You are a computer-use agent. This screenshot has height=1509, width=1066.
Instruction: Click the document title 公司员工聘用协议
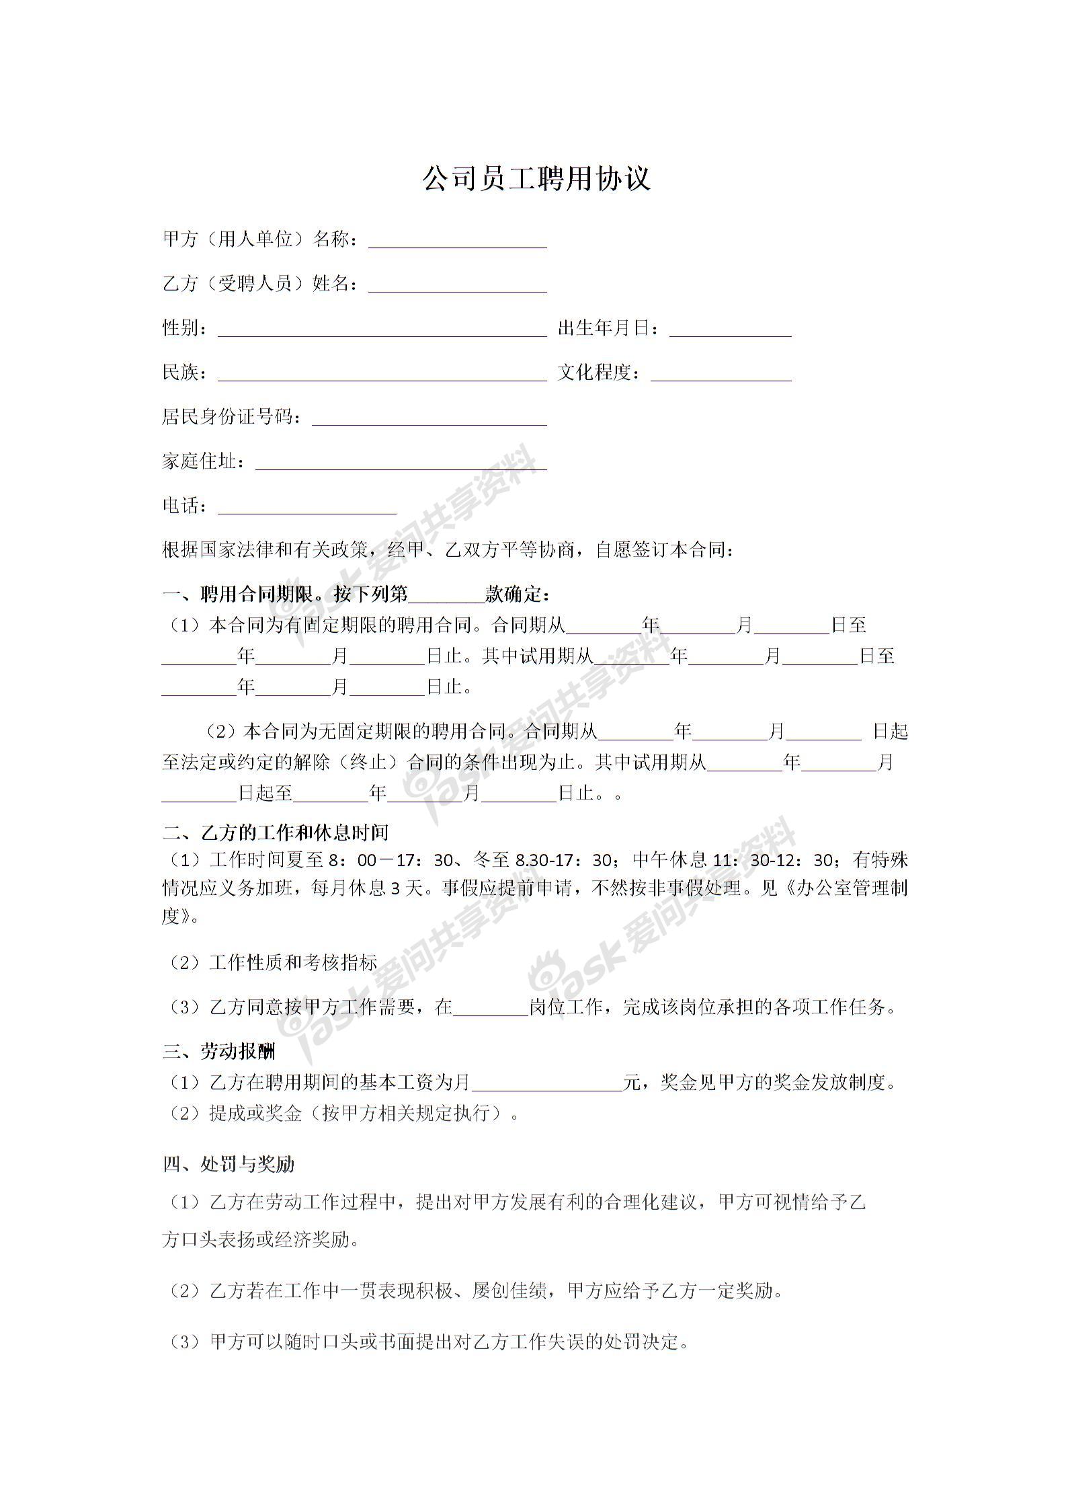point(536,179)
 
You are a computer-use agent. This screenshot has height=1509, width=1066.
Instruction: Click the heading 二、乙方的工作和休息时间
point(276,833)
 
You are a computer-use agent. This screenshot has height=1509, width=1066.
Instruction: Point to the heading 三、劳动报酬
point(219,1052)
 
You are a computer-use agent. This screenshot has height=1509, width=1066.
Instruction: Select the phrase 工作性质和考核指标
point(292,962)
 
